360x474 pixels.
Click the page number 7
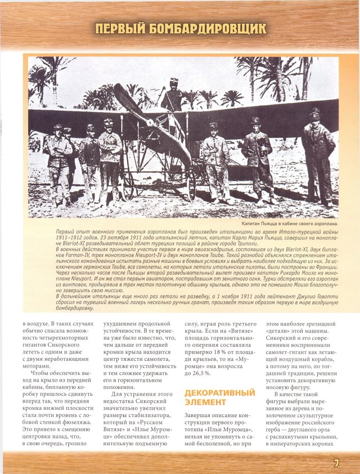click(335, 463)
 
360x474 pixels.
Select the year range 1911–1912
click(70, 239)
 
